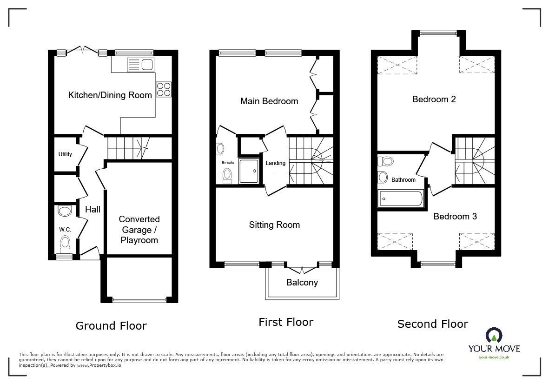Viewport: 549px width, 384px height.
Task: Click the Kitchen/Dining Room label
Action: [110, 95]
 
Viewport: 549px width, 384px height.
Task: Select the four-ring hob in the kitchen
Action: [164, 89]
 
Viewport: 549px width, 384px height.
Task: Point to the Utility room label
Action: [65, 154]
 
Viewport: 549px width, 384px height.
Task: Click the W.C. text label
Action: [64, 229]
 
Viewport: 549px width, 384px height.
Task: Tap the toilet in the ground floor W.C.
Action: [65, 243]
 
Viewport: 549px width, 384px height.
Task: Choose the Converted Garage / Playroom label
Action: [139, 230]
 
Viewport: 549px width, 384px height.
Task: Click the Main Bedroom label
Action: [269, 101]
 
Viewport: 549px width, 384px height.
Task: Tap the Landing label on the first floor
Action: [275, 163]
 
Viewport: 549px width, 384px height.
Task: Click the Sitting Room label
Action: [274, 225]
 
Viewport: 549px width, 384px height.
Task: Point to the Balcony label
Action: [302, 282]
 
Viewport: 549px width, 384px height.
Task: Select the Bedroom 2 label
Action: [434, 99]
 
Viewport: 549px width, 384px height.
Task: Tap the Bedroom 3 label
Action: [455, 216]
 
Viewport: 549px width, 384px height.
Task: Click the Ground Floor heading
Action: [111, 326]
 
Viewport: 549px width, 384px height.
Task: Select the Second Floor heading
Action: [432, 324]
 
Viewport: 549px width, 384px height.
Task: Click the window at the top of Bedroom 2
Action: [439, 33]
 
